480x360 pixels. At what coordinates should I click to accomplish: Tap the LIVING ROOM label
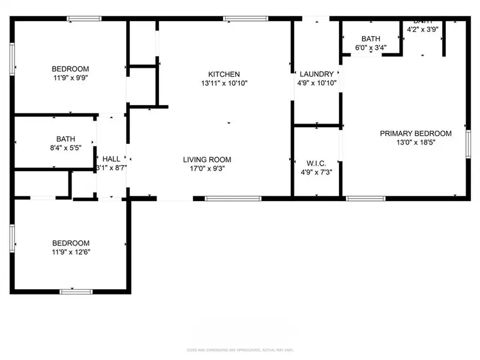(207, 160)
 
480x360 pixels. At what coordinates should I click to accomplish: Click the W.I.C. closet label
(316, 162)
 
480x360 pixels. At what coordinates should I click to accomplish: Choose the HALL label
(111, 158)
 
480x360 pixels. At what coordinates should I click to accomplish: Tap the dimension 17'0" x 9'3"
(207, 169)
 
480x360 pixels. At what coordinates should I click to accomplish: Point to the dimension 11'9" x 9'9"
(70, 77)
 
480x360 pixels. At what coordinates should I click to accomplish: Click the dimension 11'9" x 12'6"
(71, 252)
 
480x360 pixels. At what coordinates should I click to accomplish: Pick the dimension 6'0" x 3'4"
(370, 48)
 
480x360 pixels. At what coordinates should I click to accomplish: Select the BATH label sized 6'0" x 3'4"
(370, 39)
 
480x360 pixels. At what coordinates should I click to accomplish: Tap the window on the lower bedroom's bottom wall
(76, 292)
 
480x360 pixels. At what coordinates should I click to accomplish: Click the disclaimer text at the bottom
(239, 349)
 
